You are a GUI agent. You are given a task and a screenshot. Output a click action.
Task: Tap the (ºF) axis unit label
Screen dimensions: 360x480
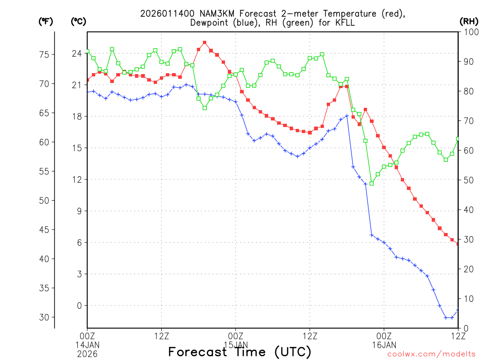pyautogui.click(x=45, y=21)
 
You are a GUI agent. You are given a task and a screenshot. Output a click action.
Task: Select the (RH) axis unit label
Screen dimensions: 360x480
pyautogui.click(x=469, y=21)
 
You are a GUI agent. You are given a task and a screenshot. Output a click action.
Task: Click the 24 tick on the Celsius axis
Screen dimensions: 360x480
pyautogui.click(x=76, y=53)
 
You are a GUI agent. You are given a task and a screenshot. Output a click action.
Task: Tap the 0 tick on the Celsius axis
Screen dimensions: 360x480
pyautogui.click(x=79, y=305)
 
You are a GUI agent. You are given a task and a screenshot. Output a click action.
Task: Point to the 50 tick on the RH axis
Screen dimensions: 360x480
pyautogui.click(x=468, y=180)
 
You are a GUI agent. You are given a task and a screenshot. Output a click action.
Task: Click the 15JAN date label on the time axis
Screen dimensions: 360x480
pyautogui.click(x=236, y=345)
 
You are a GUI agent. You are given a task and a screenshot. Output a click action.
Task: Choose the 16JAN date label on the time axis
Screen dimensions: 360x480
pyautogui.click(x=384, y=345)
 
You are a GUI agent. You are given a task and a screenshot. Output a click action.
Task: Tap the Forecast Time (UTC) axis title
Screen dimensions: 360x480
pyautogui.click(x=240, y=352)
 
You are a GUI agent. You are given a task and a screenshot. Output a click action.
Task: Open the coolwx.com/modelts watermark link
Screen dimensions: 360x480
pyautogui.click(x=431, y=354)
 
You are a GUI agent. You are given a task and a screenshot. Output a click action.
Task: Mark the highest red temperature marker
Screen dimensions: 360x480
pyautogui.click(x=205, y=43)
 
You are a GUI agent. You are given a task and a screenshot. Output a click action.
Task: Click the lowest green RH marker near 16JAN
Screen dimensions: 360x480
pyautogui.click(x=372, y=183)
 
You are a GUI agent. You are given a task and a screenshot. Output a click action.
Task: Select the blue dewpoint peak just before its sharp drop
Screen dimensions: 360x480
pyautogui.click(x=347, y=116)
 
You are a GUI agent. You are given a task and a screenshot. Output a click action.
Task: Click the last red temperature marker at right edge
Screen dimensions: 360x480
pyautogui.click(x=458, y=244)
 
